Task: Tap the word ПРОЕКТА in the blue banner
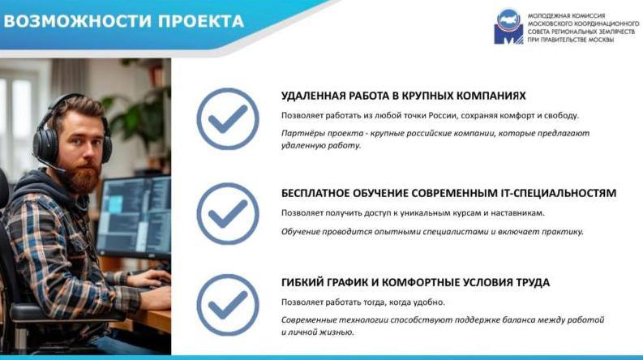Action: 201,21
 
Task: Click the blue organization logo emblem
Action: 508,27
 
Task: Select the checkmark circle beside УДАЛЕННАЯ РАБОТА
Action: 228,119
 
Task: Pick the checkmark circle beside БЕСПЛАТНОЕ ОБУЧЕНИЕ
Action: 228,213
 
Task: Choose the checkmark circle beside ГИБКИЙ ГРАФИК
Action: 228,305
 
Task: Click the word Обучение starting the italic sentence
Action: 300,232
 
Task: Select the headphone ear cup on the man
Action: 46,143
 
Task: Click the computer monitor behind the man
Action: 134,216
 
